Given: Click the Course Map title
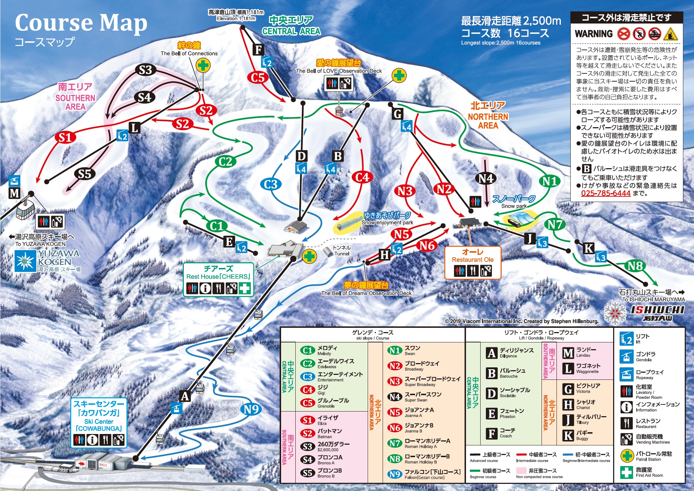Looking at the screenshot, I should [x=81, y=23].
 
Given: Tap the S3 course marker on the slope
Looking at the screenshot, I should [x=145, y=70].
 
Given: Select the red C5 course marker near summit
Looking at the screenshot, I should [x=258, y=77].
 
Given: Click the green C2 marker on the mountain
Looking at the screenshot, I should [x=226, y=161].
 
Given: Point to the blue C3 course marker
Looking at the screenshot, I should [x=271, y=184].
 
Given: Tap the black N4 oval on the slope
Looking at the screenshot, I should [x=486, y=178].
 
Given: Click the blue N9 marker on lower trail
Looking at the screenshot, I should [x=251, y=409].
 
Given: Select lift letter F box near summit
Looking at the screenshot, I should [x=258, y=50].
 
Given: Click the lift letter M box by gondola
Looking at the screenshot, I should [x=14, y=193].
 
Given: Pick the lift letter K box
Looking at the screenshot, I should [x=589, y=248].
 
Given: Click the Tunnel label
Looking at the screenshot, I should [x=341, y=250].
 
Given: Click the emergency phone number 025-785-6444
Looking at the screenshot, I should [x=606, y=193].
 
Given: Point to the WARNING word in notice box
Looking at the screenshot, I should [x=594, y=34].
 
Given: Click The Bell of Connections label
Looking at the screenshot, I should [x=189, y=53].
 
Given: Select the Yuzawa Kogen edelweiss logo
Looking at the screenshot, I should [x=25, y=261].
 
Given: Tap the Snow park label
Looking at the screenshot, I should [x=514, y=206].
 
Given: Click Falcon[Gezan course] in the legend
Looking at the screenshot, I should [x=424, y=477].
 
